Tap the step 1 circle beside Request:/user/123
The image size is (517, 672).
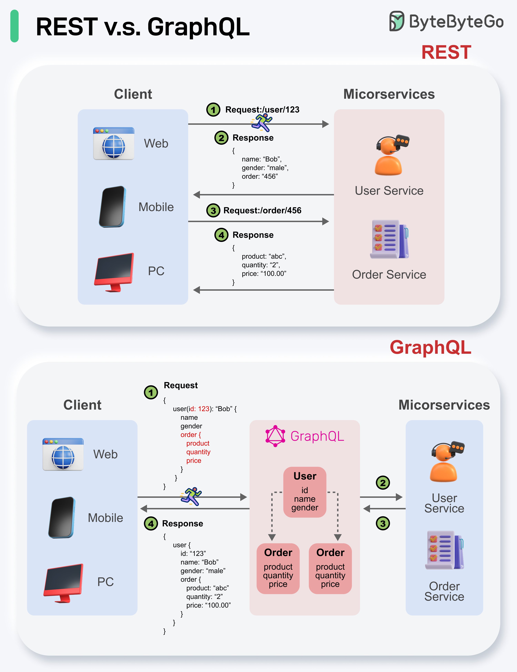click(x=213, y=110)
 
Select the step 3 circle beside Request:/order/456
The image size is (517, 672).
click(x=213, y=210)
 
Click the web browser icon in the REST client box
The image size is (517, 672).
click(x=114, y=143)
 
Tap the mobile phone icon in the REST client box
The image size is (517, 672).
click(x=113, y=207)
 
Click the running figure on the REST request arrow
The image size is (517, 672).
click(x=262, y=122)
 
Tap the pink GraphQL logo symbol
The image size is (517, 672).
click(x=275, y=436)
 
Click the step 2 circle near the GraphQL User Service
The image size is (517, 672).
click(x=383, y=483)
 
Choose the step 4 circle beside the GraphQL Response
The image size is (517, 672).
click(x=151, y=523)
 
